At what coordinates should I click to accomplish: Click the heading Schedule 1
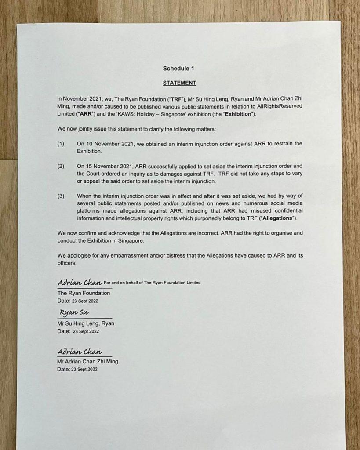pyautogui.click(x=178, y=69)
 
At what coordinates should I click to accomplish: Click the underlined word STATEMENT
pyautogui.click(x=179, y=83)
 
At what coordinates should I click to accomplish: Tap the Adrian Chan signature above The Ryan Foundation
pyautogui.click(x=80, y=282)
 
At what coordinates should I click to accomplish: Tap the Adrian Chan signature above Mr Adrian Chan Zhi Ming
pyautogui.click(x=80, y=352)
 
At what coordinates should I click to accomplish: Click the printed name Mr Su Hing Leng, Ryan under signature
pyautogui.click(x=86, y=323)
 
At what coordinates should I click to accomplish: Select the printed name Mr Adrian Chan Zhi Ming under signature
pyautogui.click(x=87, y=362)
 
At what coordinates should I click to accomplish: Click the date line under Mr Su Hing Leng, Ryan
pyautogui.click(x=78, y=331)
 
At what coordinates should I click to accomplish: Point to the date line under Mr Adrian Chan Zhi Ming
pyautogui.click(x=77, y=370)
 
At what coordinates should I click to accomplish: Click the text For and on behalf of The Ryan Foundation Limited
pyautogui.click(x=152, y=283)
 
